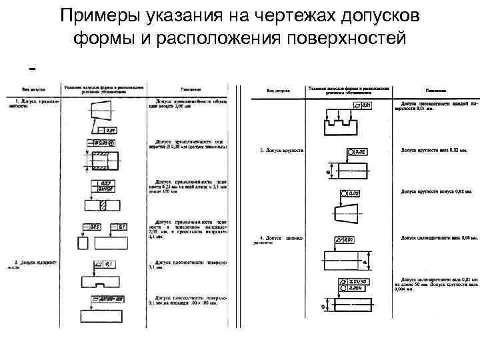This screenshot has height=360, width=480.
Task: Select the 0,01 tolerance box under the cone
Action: tap(109, 129)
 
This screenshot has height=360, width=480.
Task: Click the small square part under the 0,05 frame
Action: tap(83, 243)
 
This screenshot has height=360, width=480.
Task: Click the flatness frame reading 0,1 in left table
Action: tap(105, 265)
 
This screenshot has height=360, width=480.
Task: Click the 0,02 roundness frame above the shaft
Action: tap(353, 153)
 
